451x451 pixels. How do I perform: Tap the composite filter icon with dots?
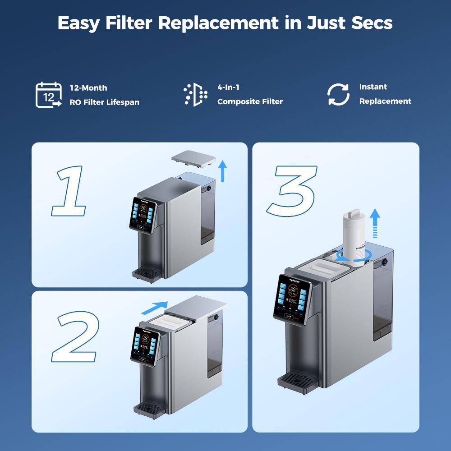(195, 95)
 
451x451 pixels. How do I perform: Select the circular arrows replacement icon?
(338, 95)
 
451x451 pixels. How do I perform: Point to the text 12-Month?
(88, 88)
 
